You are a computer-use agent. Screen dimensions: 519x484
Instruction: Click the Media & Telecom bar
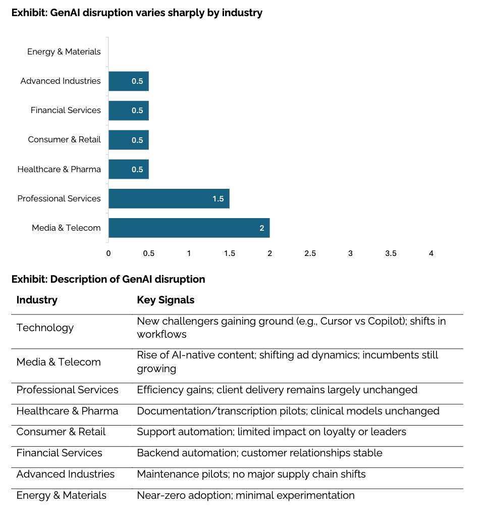(189, 228)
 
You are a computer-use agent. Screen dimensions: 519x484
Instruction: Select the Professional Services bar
(169, 198)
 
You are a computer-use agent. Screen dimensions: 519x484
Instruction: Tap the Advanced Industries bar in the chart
(128, 81)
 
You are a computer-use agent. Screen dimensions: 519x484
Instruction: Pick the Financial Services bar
(128, 110)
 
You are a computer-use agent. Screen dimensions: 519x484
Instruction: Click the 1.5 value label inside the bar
(218, 199)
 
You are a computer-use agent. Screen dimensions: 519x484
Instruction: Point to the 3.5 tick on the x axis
(391, 253)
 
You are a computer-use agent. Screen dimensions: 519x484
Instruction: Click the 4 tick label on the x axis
(431, 253)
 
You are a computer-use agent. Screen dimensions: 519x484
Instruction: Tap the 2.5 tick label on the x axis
(310, 253)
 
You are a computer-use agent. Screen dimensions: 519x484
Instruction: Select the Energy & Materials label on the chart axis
(64, 51)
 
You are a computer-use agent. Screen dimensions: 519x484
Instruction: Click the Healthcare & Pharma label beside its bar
(59, 169)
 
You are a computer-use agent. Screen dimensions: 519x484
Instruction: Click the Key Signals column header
(166, 300)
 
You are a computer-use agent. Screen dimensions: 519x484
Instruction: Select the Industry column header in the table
(37, 300)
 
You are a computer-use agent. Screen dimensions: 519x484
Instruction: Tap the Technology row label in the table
(45, 328)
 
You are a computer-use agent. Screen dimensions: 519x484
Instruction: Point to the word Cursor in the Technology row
(338, 321)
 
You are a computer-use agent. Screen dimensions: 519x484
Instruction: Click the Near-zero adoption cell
(246, 495)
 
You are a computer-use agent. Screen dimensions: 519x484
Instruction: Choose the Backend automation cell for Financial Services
(259, 453)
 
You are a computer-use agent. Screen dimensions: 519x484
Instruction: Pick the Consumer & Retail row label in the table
(61, 432)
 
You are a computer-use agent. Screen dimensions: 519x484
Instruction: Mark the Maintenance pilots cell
(251, 474)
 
